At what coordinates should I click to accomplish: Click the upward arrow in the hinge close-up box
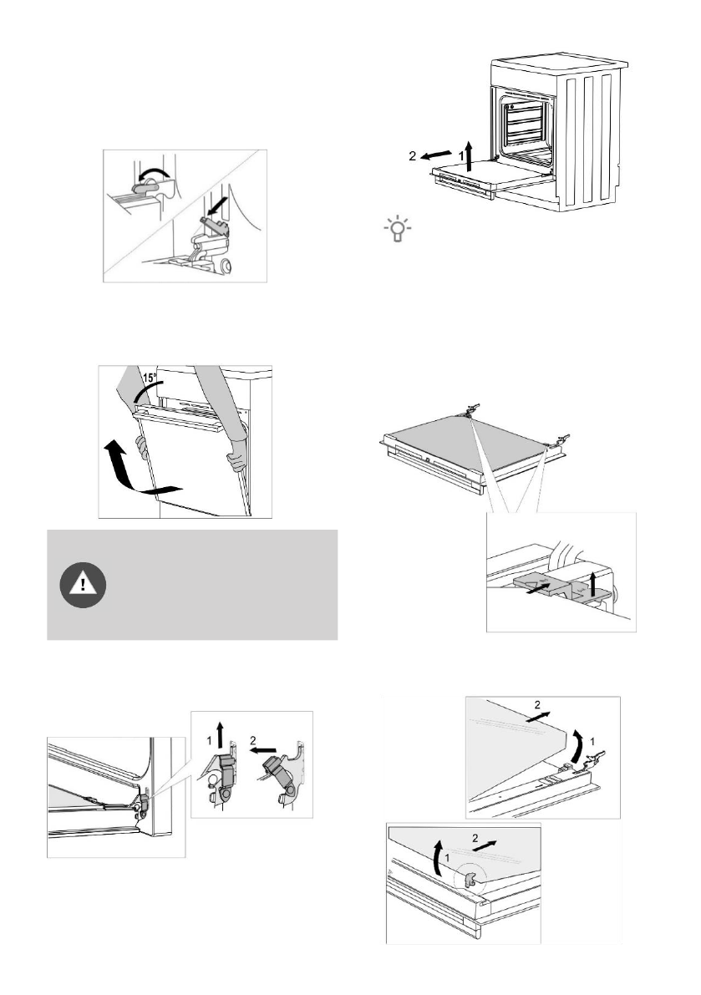click(x=221, y=736)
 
